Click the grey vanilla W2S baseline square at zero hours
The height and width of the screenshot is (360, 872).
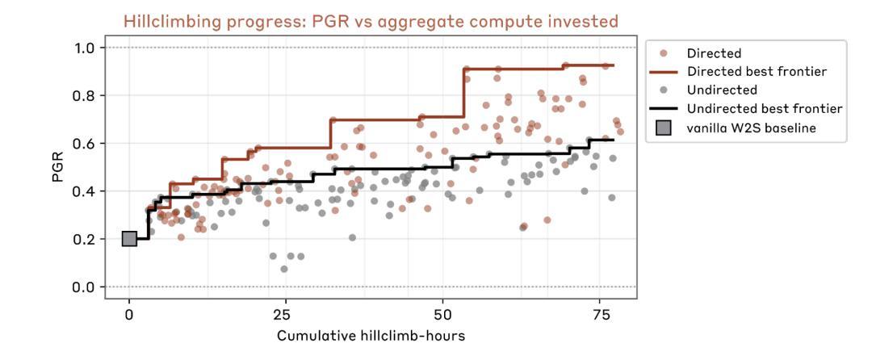coord(129,238)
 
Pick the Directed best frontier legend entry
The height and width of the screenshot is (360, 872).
coord(746,72)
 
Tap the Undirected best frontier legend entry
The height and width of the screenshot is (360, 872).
coord(754,108)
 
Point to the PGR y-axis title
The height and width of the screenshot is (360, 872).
coord(57,167)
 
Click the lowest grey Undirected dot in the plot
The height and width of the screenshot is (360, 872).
coord(284,269)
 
